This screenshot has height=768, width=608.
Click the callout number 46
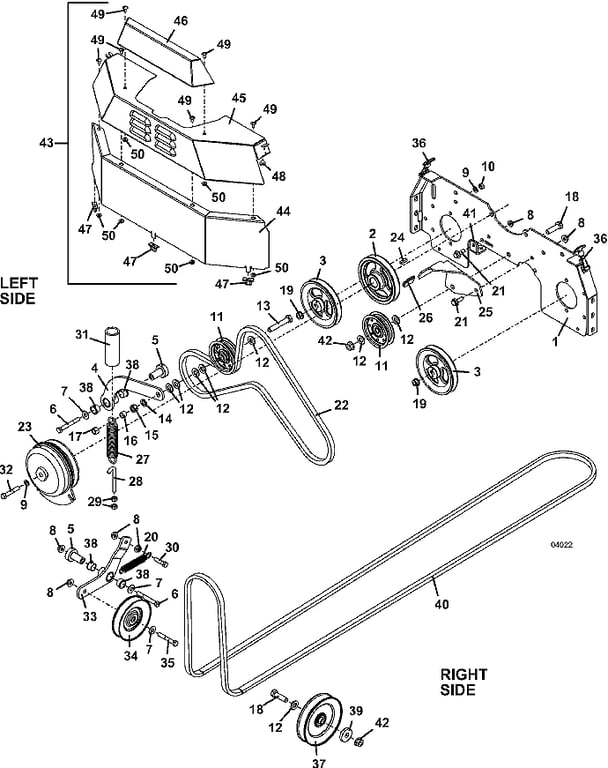pos(181,21)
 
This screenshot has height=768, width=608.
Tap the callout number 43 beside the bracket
pos(48,143)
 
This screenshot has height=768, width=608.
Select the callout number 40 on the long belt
pos(442,604)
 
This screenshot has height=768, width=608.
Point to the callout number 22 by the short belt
pos(341,405)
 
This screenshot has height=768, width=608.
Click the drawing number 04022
pos(561,545)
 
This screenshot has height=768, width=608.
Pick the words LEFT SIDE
pos(18,291)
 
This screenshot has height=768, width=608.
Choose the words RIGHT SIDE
pos(463,682)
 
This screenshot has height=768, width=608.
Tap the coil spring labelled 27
pos(114,439)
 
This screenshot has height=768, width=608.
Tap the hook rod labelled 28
pos(113,479)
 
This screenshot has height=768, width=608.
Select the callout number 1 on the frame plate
pos(555,341)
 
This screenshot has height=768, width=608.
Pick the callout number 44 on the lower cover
pos(283,211)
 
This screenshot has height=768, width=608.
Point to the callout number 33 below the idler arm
pos(90,615)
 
